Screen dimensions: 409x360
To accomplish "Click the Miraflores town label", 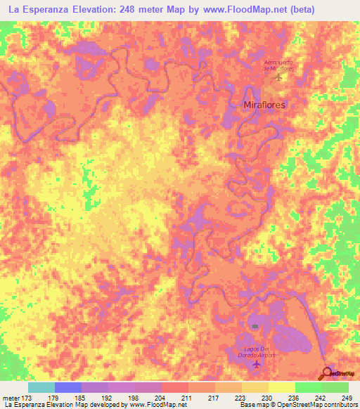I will [264, 103].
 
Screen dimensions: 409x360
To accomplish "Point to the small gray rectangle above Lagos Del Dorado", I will [255, 326].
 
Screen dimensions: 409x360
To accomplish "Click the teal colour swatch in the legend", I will [41, 387].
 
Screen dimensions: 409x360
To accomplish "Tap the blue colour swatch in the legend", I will [68, 387].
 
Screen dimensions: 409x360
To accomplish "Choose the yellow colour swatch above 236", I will [281, 387].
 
